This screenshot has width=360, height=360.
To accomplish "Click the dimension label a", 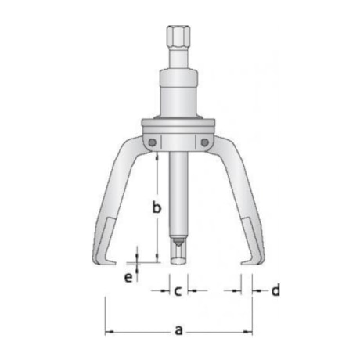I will [x=179, y=330].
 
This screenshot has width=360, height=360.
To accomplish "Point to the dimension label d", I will [x=275, y=291].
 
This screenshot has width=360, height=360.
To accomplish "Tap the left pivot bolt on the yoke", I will [x=153, y=142].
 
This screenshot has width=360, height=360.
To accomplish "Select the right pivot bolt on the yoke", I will [x=206, y=142].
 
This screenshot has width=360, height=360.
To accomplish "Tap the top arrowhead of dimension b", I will [x=157, y=155].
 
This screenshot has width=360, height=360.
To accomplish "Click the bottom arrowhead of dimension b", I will [x=157, y=260].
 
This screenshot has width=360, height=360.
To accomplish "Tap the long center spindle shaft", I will [x=179, y=196].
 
